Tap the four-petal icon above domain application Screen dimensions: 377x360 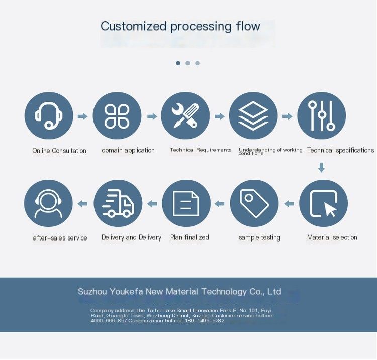click(x=117, y=116)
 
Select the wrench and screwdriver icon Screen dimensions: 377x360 click(x=185, y=116)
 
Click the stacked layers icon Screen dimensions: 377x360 click(x=253, y=116)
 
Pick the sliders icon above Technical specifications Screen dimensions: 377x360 click(x=322, y=116)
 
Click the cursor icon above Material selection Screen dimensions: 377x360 click(x=323, y=204)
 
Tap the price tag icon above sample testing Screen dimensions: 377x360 click(x=254, y=204)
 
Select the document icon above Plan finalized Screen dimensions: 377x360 click(x=186, y=204)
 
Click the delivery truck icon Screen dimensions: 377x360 click(x=118, y=204)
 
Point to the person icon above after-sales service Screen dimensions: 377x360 click(x=49, y=204)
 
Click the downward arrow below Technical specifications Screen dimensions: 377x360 click(x=322, y=167)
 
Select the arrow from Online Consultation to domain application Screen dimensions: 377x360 click(x=83, y=116)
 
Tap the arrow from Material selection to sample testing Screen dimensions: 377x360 click(x=289, y=204)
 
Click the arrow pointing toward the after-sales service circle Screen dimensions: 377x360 click(x=82, y=204)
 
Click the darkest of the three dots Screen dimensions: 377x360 click(x=178, y=63)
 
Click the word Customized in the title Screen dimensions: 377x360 click(x=133, y=26)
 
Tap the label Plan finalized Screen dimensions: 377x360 click(x=190, y=237)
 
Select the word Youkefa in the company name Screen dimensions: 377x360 click(x=126, y=292)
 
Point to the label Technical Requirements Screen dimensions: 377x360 click(x=201, y=150)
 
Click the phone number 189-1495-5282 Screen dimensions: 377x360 click(x=205, y=321)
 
